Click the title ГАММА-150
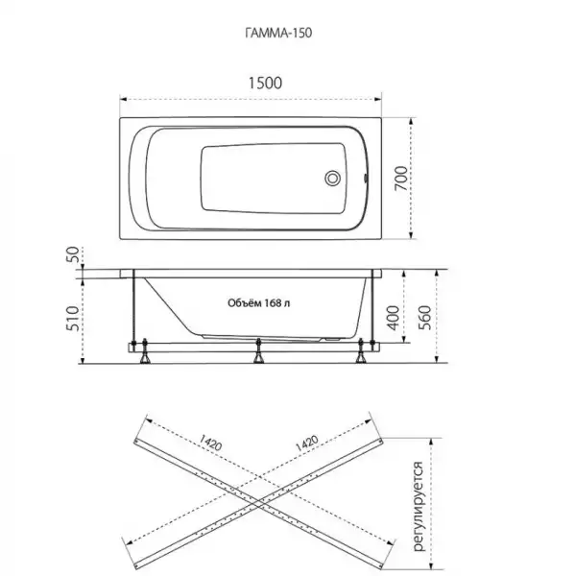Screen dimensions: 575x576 (278, 33)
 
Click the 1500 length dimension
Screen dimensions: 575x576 (265, 83)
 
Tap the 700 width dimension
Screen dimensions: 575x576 (401, 179)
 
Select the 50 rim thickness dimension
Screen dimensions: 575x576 (73, 254)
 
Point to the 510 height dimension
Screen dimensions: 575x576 (72, 318)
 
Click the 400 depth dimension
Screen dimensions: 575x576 (393, 318)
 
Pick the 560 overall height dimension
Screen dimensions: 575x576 (424, 318)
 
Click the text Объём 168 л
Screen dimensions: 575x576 (258, 303)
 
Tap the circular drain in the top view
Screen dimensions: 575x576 (332, 179)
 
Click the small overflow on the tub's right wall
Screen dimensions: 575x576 (365, 179)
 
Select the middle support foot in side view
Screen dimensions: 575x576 (258, 350)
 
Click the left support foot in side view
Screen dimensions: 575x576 (145, 350)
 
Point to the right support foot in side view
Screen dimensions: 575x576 (360, 350)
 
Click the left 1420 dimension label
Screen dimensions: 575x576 (210, 443)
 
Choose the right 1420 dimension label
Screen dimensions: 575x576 (307, 443)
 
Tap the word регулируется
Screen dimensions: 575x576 (419, 507)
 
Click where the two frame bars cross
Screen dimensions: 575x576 (258, 502)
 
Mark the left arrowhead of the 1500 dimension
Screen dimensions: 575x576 (124, 99)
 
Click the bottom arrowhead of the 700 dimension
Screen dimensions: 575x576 (412, 235)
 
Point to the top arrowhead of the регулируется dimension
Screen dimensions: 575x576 (432, 442)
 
